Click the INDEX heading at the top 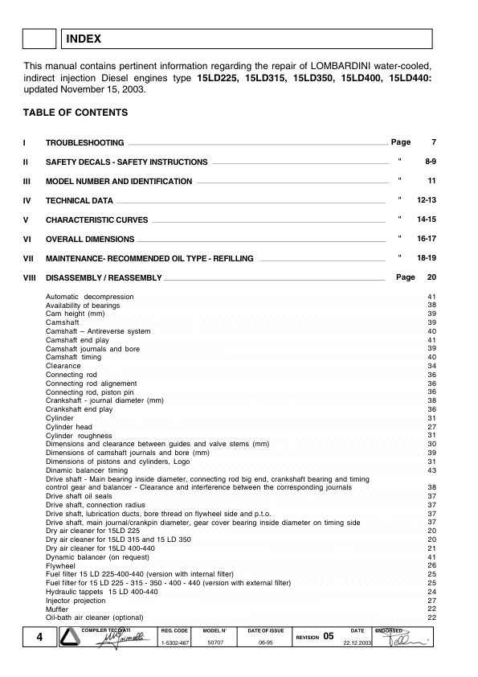pos(84,37)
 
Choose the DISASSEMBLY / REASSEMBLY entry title pos(104,278)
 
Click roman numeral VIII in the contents pos(31,278)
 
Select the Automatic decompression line pos(89,297)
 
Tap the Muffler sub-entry pos(57,609)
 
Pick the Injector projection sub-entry pos(76,601)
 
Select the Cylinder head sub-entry pos(68,427)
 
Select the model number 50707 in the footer pos(216,643)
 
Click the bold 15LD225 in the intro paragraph pos(219,78)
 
